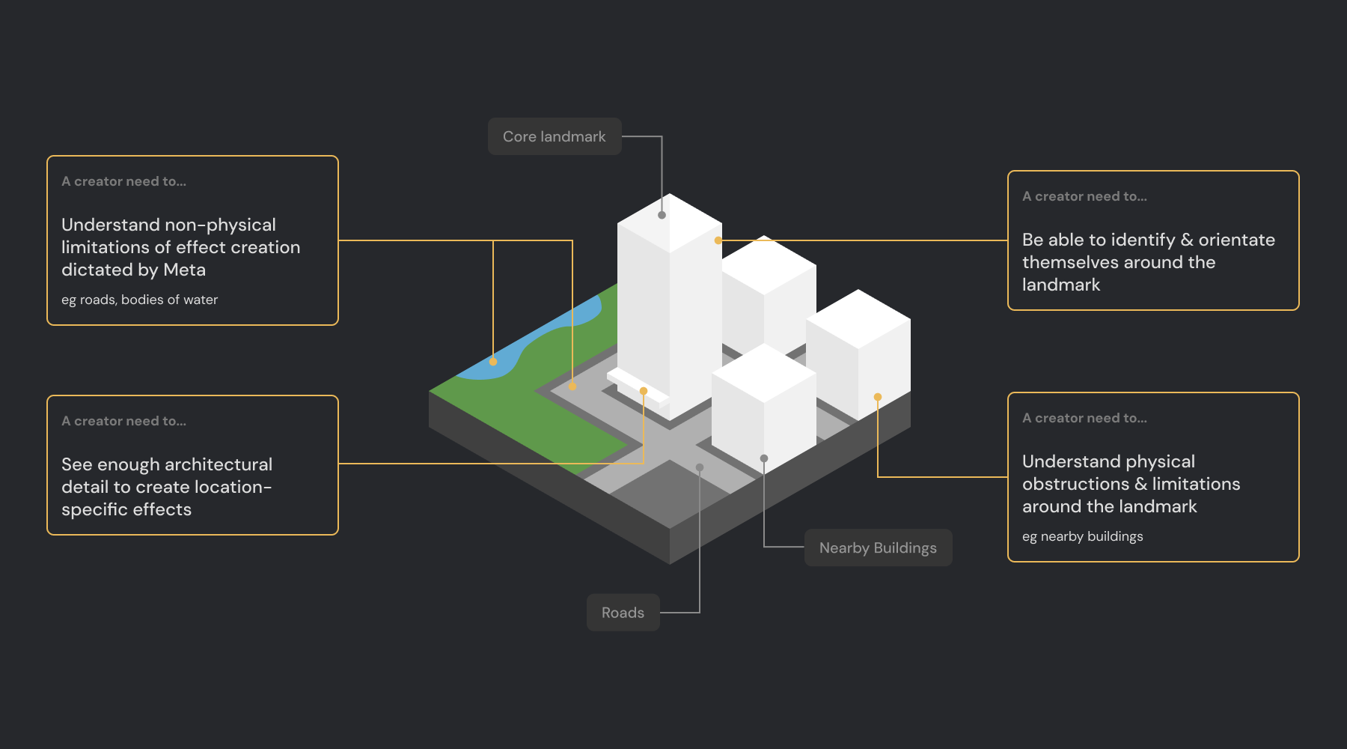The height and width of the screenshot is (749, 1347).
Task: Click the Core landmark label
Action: tap(555, 136)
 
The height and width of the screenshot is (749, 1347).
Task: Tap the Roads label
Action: tap(623, 613)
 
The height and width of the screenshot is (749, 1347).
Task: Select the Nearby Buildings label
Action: tap(878, 548)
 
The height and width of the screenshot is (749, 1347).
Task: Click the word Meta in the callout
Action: tap(184, 270)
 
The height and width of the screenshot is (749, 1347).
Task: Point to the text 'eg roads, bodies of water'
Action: tap(139, 300)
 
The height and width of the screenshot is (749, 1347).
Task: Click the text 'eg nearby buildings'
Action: tap(1082, 536)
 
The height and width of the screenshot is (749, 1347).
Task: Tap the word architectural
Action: tap(219, 464)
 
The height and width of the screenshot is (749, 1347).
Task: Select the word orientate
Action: tap(1236, 240)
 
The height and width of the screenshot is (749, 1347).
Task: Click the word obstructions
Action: tap(1075, 484)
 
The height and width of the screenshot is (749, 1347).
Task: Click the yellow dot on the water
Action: tap(493, 362)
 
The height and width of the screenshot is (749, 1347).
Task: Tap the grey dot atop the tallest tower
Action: tap(662, 215)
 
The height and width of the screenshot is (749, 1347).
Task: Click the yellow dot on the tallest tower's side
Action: tap(718, 240)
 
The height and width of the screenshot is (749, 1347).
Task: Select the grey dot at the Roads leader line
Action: tap(700, 467)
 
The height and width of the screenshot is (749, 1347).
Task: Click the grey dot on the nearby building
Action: tap(764, 458)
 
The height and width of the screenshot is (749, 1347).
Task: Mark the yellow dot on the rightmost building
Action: tap(878, 397)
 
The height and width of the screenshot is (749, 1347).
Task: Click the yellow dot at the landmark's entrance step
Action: tap(644, 391)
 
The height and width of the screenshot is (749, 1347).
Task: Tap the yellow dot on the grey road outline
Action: tap(572, 386)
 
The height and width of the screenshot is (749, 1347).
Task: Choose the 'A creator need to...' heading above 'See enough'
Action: tap(123, 421)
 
